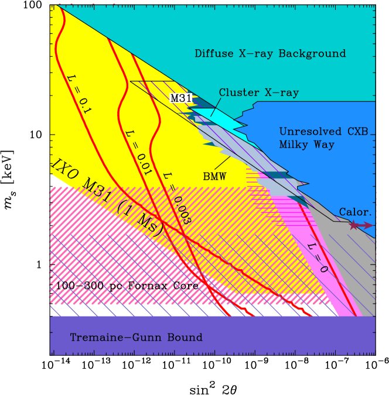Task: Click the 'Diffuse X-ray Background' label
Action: pyautogui.click(x=270, y=54)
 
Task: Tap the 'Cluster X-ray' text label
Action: pyautogui.click(x=258, y=93)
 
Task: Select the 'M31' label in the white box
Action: pyautogui.click(x=181, y=98)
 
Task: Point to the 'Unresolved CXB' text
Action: pyautogui.click(x=323, y=132)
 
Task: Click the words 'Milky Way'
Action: pyautogui.click(x=306, y=145)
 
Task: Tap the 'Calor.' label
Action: pyautogui.click(x=355, y=212)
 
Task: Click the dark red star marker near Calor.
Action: pyautogui.click(x=353, y=225)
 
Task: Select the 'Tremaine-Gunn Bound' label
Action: pyautogui.click(x=136, y=338)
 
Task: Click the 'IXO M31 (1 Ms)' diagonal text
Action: pyautogui.click(x=108, y=197)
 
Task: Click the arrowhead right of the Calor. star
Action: pyautogui.click(x=370, y=225)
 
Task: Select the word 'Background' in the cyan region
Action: pyautogui.click(x=316, y=54)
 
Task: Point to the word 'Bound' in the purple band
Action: pyautogui.click(x=187, y=338)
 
